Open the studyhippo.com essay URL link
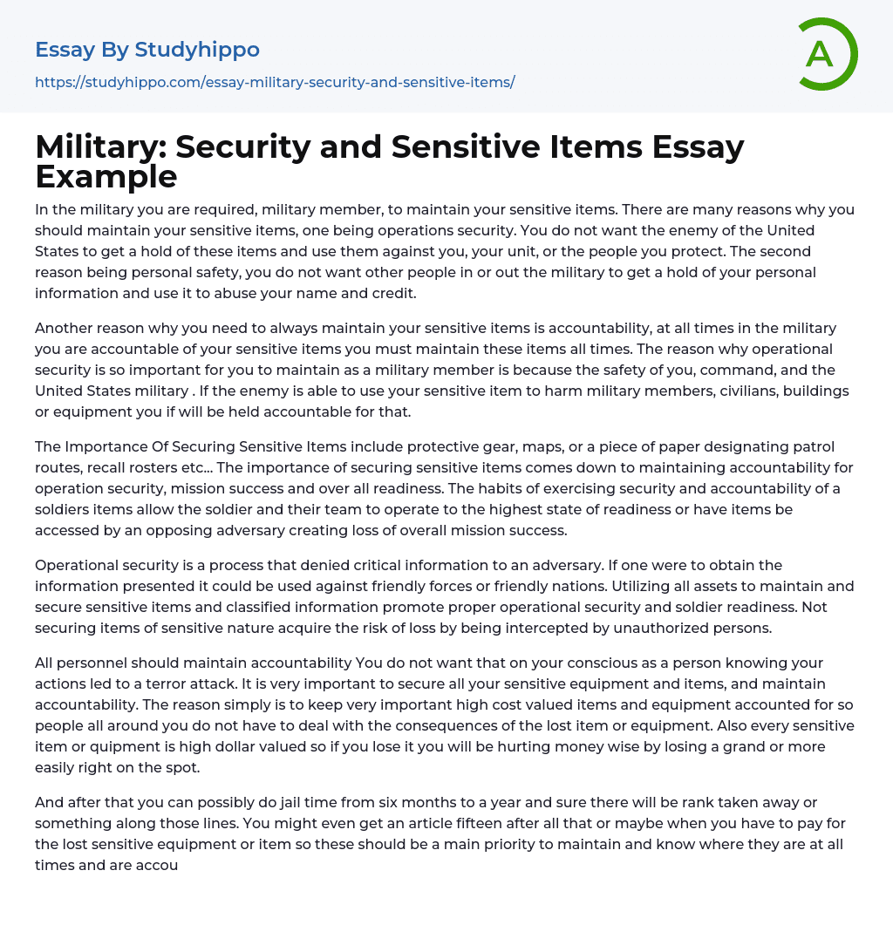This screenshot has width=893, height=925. coord(275,82)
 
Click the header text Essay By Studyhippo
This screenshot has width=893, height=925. coord(147,50)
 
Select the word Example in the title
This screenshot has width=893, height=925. coord(106,177)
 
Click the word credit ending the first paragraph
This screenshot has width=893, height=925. coord(393,293)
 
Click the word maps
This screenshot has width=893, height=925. coord(549,446)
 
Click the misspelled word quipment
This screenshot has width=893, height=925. coord(111,746)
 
